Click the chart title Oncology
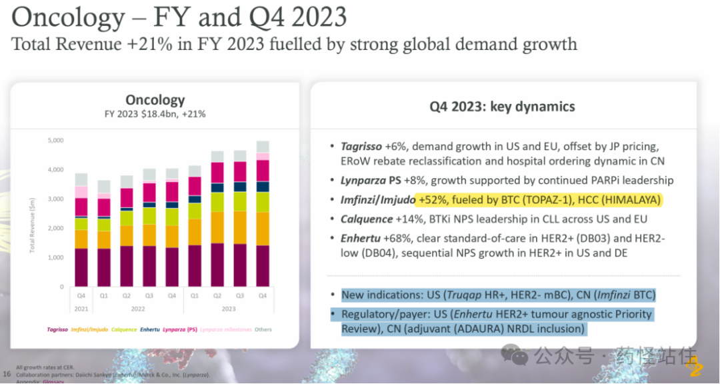pos(155,100)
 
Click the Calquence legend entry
pos(124,329)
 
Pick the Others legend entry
pos(263,329)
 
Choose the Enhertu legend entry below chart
pos(153,329)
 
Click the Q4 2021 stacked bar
pos(81,229)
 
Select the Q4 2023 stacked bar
pos(263,213)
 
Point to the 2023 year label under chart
pos(229,309)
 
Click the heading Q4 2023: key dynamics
pos(503,107)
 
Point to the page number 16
pos(7,374)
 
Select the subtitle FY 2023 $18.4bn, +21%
pos(155,114)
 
